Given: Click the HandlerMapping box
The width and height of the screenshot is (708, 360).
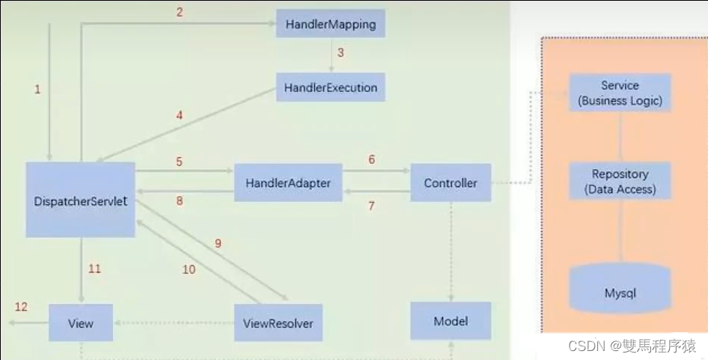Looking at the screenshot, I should [330, 24].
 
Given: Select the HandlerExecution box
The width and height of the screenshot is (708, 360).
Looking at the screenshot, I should [330, 88].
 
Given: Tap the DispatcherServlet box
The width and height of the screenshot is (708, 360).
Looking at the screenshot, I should [81, 200].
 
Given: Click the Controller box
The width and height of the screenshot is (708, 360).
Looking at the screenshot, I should [451, 183].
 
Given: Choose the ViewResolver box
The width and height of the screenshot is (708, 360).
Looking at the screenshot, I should [278, 323].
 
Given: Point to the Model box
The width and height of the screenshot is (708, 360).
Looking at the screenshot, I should [451, 321].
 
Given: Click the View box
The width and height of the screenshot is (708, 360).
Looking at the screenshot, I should [81, 323].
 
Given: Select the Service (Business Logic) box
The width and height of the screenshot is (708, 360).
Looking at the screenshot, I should [620, 94].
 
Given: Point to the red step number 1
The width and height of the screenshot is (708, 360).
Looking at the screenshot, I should [37, 89].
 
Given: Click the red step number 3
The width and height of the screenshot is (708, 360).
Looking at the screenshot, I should [341, 53].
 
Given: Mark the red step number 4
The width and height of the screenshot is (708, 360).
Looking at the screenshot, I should [180, 115].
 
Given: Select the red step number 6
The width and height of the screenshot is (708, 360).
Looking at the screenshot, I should [370, 160].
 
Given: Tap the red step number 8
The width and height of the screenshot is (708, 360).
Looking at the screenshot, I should [180, 200].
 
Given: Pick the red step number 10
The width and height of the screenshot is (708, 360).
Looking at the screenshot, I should [189, 269].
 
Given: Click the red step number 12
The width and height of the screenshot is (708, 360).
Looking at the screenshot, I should [21, 307].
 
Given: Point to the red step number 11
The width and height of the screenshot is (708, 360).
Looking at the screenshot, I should [94, 269].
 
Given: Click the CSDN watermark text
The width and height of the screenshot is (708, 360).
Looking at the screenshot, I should [632, 346].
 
